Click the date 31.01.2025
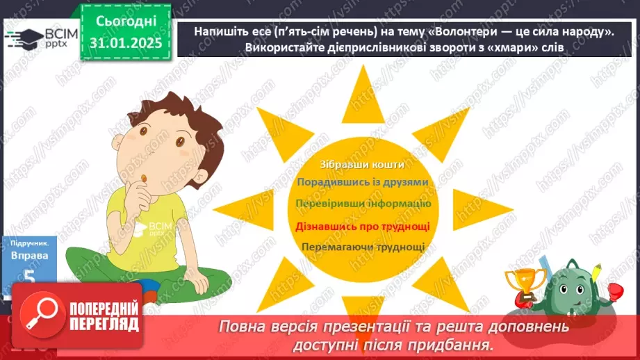125,43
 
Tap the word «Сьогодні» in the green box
125,22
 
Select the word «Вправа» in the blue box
29,256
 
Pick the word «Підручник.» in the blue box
29,243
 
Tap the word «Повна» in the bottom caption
242,327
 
